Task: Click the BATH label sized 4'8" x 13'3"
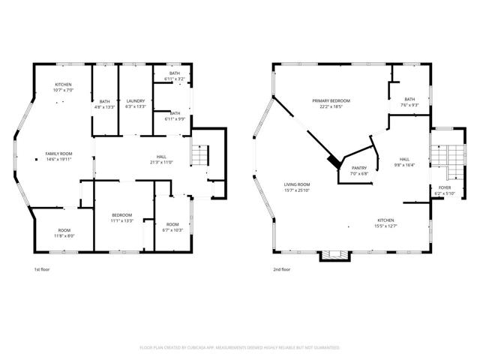105,103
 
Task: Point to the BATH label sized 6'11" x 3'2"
174,76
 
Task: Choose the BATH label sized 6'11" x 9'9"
174,115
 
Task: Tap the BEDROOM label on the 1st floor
122,217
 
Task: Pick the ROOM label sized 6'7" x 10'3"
172,226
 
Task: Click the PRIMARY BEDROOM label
331,103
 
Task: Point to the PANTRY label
358,170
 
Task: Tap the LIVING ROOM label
297,187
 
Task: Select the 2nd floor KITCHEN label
386,223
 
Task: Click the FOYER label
445,190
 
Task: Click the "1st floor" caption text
42,269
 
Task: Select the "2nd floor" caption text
282,269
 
